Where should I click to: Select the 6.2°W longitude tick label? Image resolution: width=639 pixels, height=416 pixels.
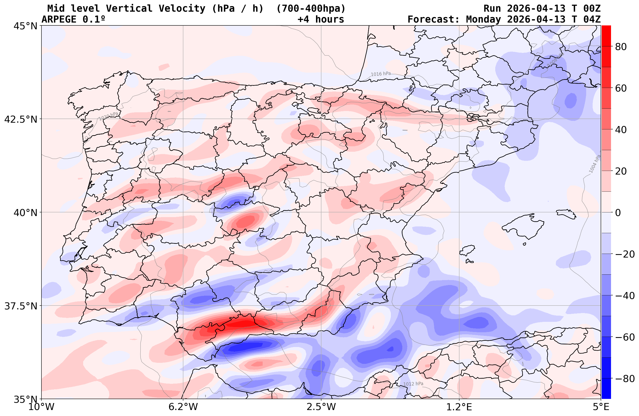183,407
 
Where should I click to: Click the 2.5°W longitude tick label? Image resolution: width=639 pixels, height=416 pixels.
321,407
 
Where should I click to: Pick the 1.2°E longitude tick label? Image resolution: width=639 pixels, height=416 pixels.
459,407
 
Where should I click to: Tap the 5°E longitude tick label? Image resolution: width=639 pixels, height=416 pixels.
601,407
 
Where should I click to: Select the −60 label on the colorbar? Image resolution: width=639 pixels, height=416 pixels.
624,337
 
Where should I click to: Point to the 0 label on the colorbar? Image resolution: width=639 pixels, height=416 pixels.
618,213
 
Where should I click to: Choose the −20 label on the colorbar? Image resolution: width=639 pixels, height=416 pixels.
624,254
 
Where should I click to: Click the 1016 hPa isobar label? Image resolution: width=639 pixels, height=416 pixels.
381,74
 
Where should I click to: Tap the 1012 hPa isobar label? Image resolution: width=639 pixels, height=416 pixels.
413,384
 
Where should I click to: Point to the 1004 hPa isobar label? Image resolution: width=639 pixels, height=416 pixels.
595,164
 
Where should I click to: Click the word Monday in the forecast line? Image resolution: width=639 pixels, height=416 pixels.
483,19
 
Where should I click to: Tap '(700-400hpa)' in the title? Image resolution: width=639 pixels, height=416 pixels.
311,9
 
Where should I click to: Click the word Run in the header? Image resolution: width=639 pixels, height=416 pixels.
492,9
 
